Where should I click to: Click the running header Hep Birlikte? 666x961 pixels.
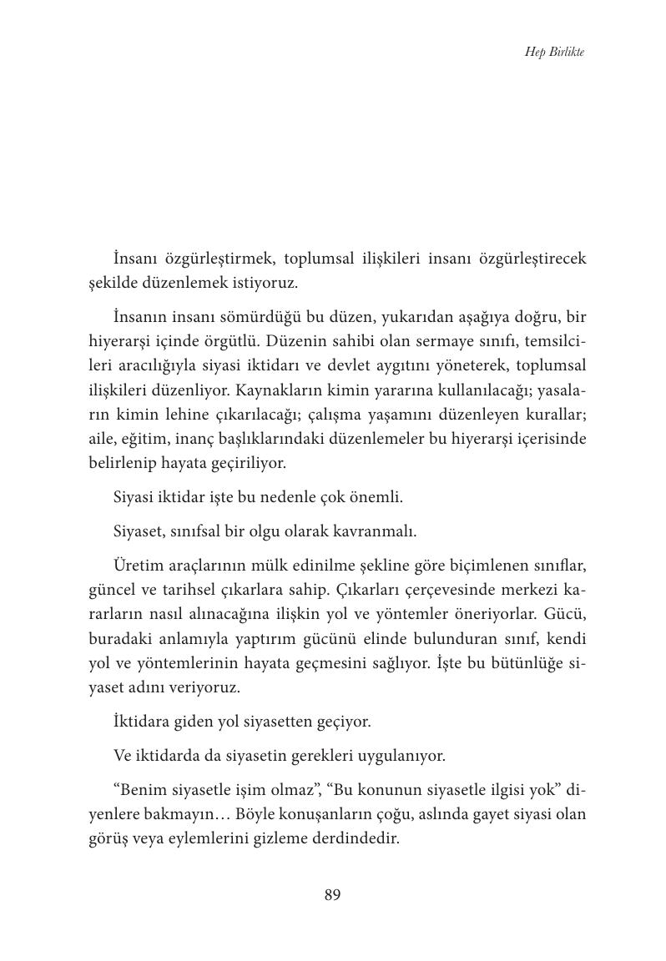coord(554,52)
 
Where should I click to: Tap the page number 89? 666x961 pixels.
coord(332,895)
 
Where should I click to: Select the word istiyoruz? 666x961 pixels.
coord(265,283)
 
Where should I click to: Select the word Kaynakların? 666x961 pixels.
coord(280,390)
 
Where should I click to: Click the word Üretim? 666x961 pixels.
coord(135,566)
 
